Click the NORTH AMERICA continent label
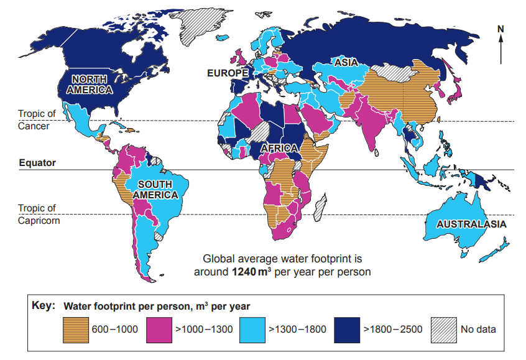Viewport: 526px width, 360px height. pos(91,85)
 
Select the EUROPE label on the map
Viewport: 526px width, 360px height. pos(228,73)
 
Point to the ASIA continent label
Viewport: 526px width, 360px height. pos(346,63)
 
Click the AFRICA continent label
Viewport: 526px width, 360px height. pos(280,149)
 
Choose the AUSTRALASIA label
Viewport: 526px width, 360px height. pos(471,224)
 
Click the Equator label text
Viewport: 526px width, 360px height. pos(37,163)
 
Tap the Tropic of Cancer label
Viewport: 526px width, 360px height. pos(37,120)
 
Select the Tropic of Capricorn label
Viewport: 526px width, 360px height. pos(39,214)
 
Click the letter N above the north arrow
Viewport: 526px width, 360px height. pos(501,28)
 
